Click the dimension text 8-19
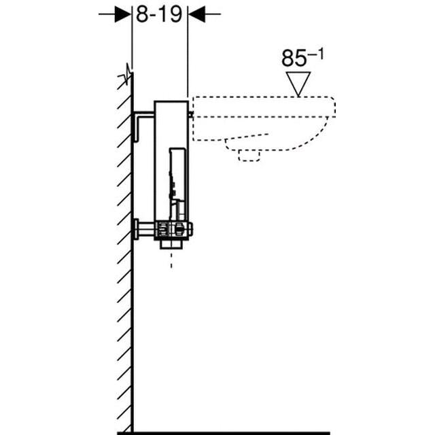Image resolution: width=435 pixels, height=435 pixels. pyautogui.click(x=159, y=14)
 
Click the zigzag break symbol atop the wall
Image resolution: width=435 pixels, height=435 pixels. pyautogui.click(x=127, y=74)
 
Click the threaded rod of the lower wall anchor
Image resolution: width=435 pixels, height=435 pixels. pyautogui.click(x=148, y=230)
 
